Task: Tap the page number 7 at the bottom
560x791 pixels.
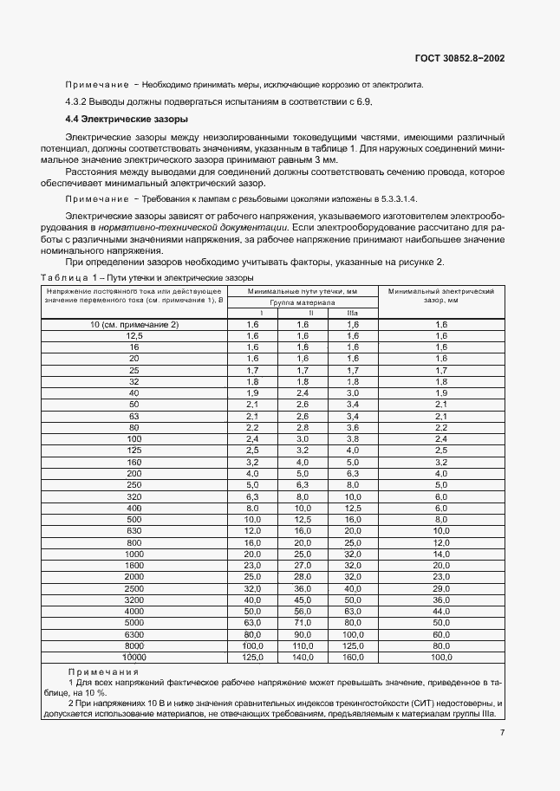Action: pyautogui.click(x=502, y=732)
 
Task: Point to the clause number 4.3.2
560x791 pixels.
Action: pyautogui.click(x=81, y=101)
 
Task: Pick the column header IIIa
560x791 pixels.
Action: pyautogui.click(x=352, y=313)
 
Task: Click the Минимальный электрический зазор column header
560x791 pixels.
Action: pyautogui.click(x=440, y=297)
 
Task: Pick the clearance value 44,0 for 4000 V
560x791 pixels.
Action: pyautogui.click(x=440, y=612)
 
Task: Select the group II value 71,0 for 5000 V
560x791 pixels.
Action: pyautogui.click(x=302, y=622)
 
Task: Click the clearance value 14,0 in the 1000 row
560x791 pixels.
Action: pyautogui.click(x=440, y=552)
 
